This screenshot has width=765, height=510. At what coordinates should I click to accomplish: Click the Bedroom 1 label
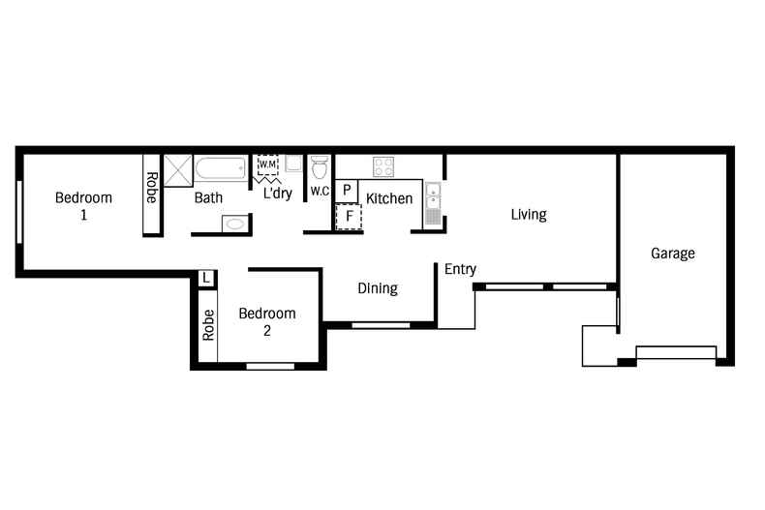pyautogui.click(x=83, y=206)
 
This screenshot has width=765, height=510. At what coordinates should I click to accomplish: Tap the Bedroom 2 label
pyautogui.click(x=266, y=321)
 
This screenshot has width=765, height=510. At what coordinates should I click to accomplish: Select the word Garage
pyautogui.click(x=672, y=254)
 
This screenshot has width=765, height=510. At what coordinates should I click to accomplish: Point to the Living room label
pyautogui.click(x=529, y=215)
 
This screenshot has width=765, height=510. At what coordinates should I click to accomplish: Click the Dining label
pyautogui.click(x=377, y=288)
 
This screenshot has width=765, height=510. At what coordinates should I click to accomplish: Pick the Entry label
pyautogui.click(x=460, y=269)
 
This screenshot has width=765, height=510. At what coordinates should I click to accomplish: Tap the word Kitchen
pyautogui.click(x=389, y=198)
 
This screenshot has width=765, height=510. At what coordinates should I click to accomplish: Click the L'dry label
pyautogui.click(x=278, y=194)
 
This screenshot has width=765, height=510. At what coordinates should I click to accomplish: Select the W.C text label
pyautogui.click(x=321, y=192)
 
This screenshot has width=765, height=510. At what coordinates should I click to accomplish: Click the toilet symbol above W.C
pyautogui.click(x=321, y=168)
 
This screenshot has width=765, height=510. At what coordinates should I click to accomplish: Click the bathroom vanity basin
pyautogui.click(x=234, y=224)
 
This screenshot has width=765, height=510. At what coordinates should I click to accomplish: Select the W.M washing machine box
pyautogui.click(x=268, y=165)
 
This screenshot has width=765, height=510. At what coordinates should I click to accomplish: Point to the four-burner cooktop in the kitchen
pyautogui.click(x=383, y=166)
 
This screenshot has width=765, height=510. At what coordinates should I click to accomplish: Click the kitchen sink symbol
pyautogui.click(x=433, y=203)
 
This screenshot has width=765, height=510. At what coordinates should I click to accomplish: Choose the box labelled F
pyautogui.click(x=349, y=216)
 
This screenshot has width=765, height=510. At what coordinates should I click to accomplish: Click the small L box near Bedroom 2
pyautogui.click(x=206, y=279)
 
